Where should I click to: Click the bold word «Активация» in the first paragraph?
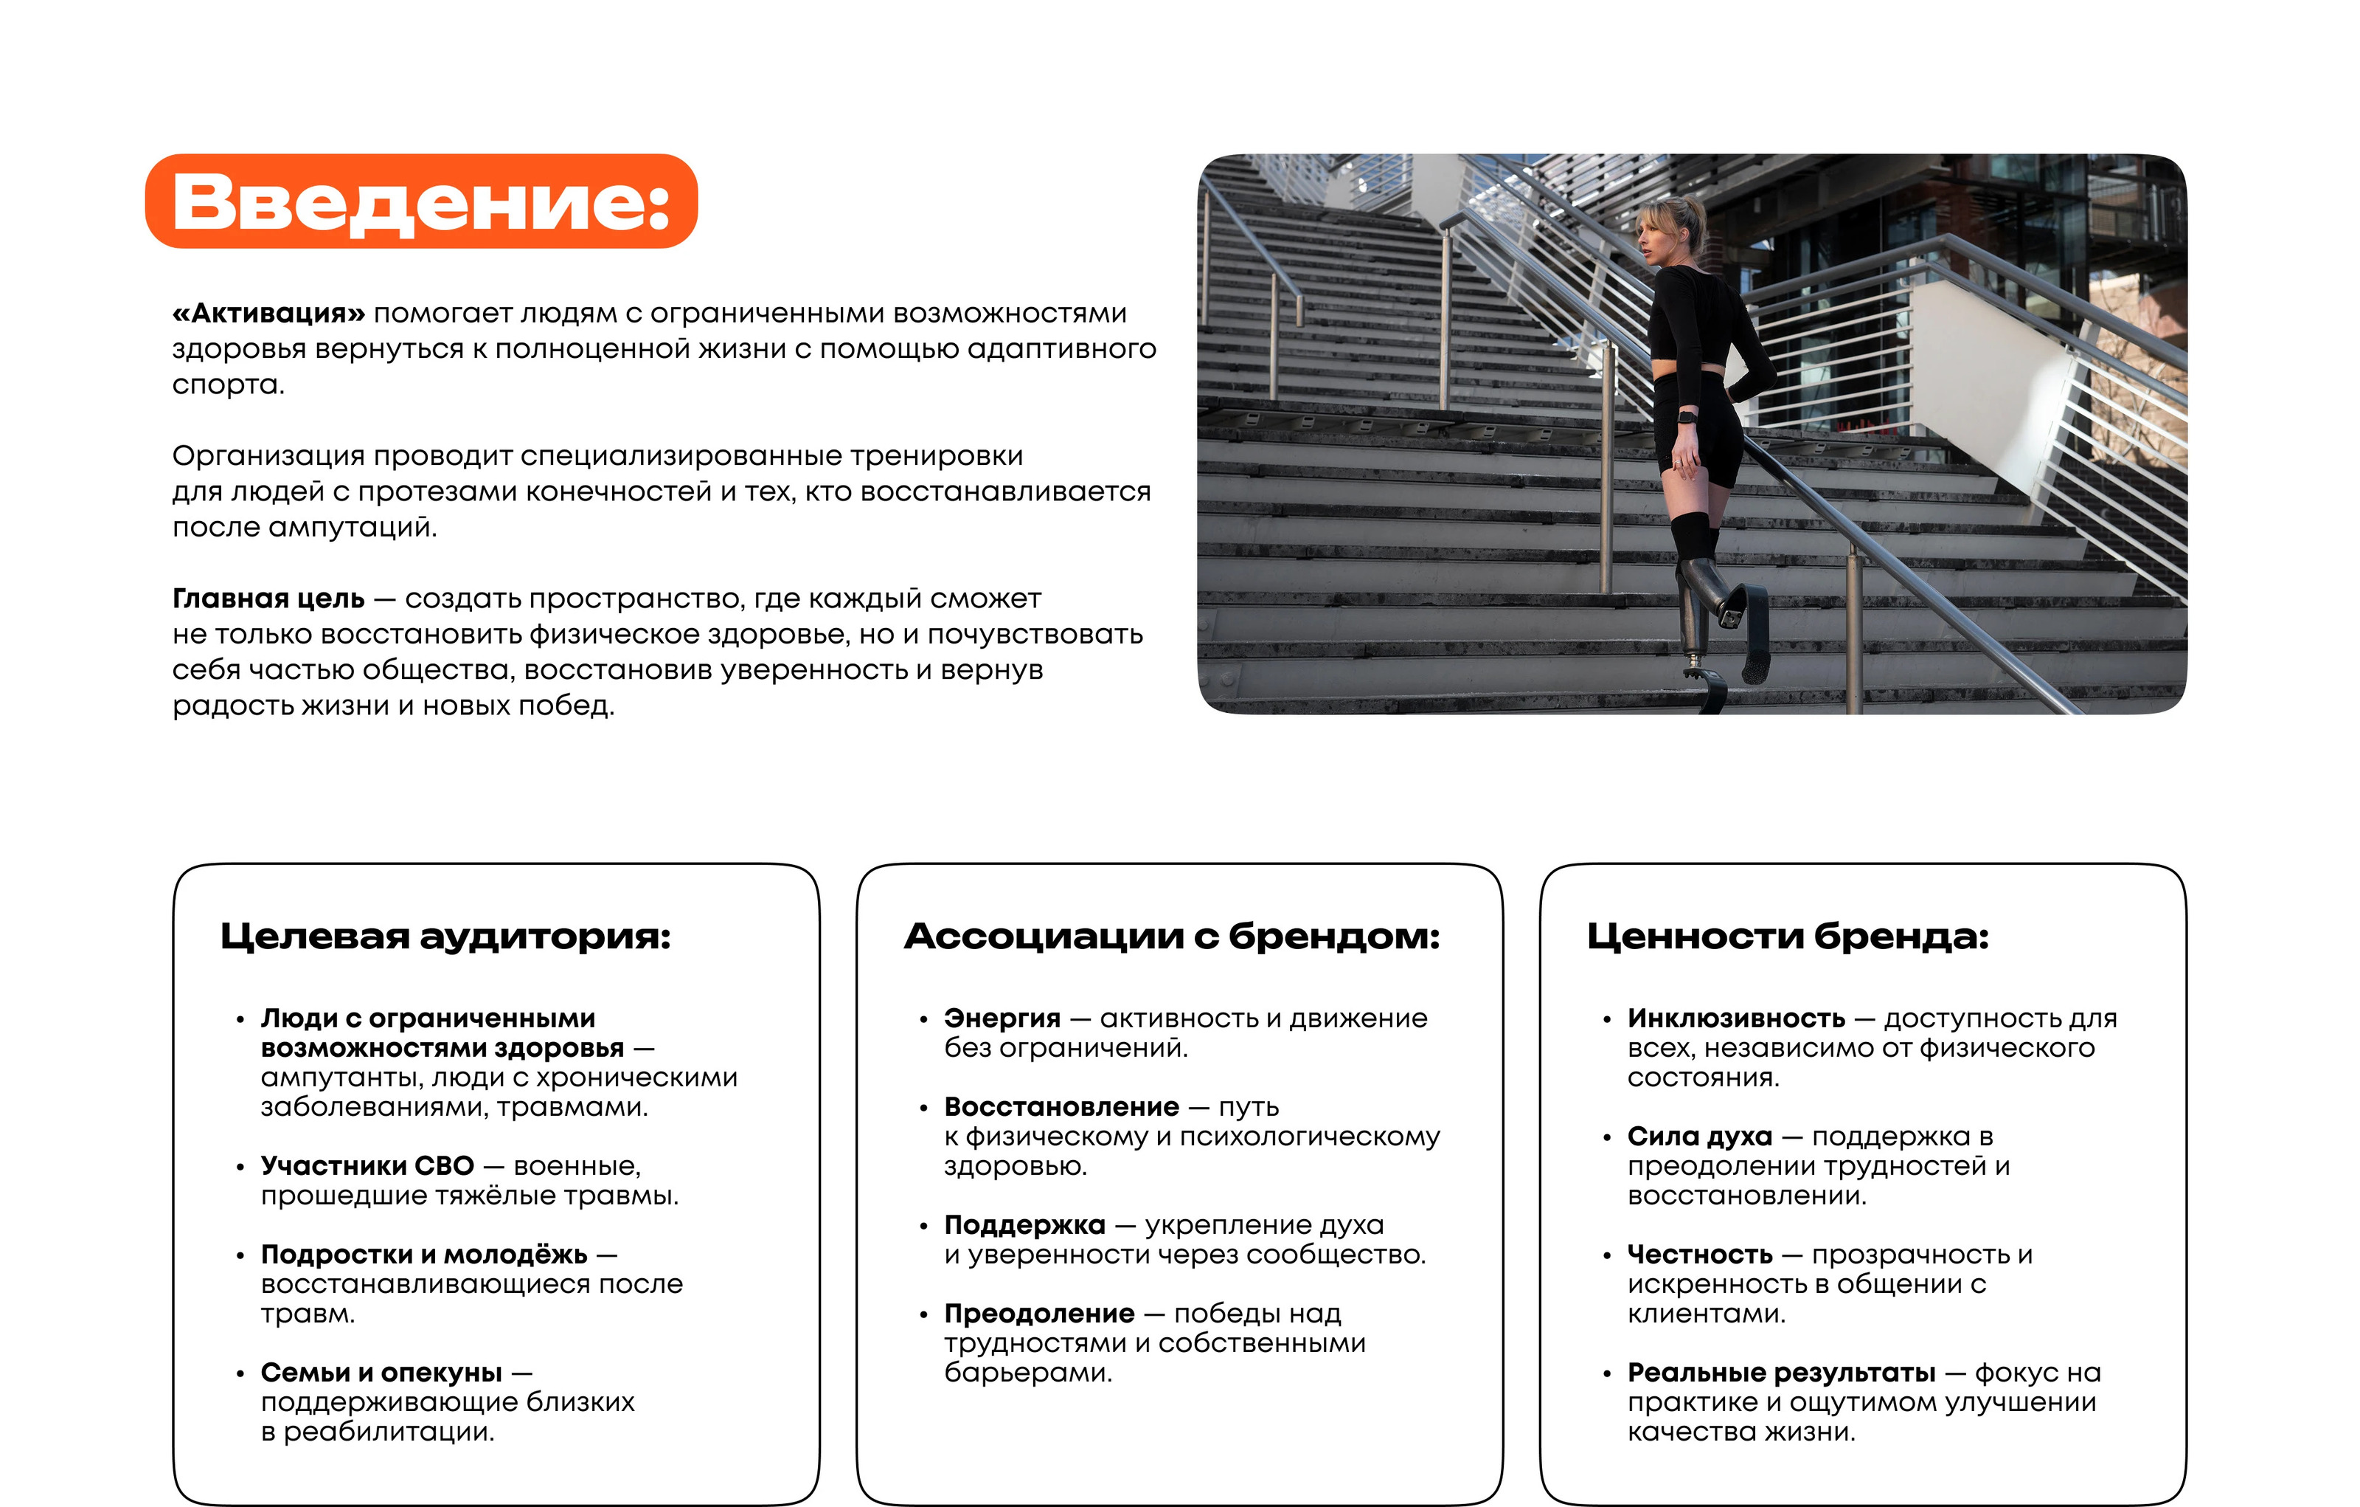click(268, 314)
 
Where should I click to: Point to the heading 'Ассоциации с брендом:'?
click(1171, 937)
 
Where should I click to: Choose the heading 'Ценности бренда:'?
click(1788, 937)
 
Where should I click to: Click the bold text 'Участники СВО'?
click(367, 1166)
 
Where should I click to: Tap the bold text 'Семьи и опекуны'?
click(381, 1372)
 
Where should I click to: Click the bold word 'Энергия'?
click(1002, 1018)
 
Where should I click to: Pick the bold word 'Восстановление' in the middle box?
click(1061, 1107)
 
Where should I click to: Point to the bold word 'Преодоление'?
click(1039, 1313)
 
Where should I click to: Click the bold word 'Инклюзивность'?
click(1735, 1018)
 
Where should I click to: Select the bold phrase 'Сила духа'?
click(1699, 1137)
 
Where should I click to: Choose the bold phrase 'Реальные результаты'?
click(1781, 1372)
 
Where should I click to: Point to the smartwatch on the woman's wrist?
click(1687, 417)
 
